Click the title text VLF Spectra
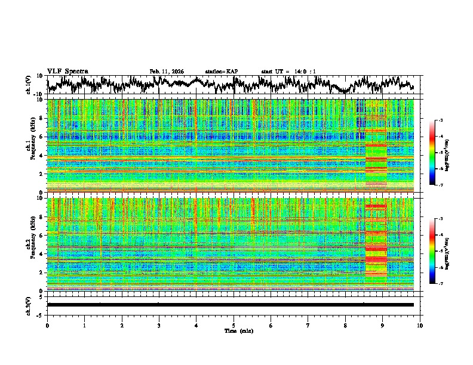tap(67, 72)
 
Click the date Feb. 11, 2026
tap(167, 72)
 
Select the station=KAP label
tap(221, 72)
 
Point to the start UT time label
tap(288, 72)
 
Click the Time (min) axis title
tap(234, 330)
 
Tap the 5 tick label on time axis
tap(234, 325)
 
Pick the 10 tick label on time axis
tap(420, 325)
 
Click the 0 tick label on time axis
tap(47, 325)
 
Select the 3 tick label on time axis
tap(159, 325)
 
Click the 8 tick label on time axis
tap(345, 325)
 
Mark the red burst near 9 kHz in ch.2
tap(376, 206)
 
